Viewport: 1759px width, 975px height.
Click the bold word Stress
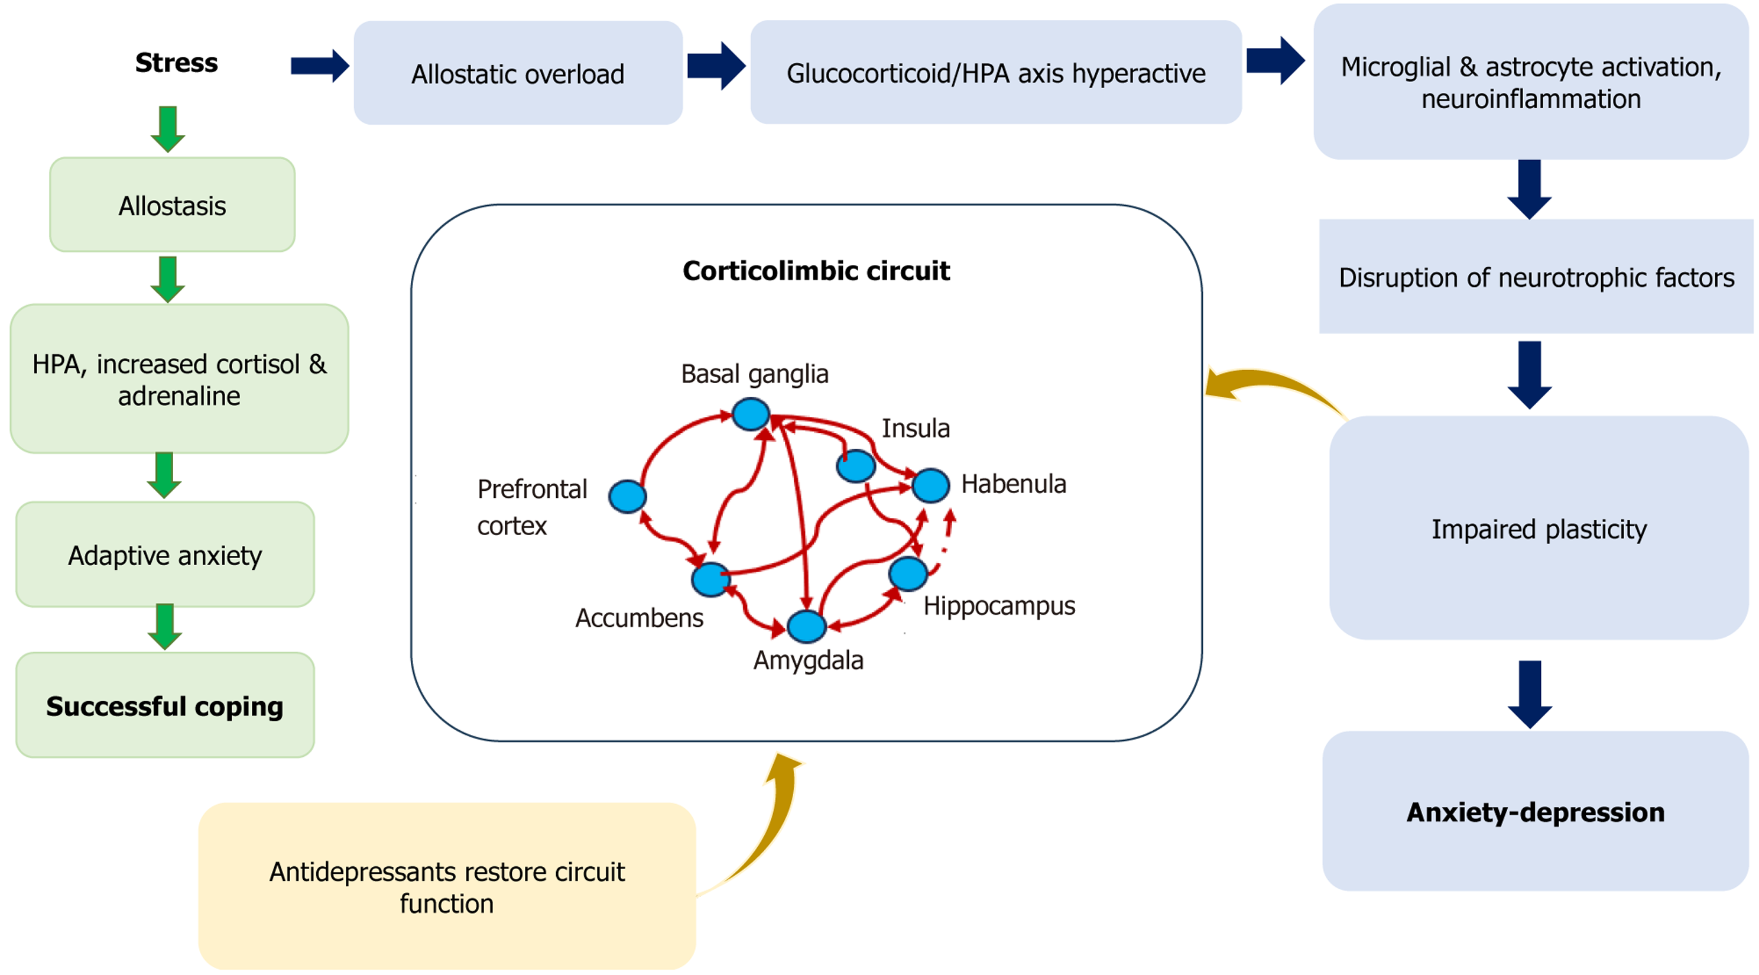[x=176, y=63]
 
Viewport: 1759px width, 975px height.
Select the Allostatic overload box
[x=518, y=73]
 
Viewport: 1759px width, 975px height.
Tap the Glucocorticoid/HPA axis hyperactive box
[x=995, y=72]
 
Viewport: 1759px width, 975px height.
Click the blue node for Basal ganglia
[x=751, y=414]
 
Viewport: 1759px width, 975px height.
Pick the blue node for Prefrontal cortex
[x=627, y=496]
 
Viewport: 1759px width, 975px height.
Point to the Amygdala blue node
[x=806, y=626]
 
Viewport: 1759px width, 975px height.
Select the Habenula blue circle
[x=930, y=485]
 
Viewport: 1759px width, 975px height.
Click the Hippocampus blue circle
[x=907, y=574]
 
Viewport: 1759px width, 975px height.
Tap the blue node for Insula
[x=856, y=467]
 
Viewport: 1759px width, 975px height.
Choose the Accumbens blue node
[x=710, y=579]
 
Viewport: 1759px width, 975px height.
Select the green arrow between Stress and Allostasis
[x=168, y=128]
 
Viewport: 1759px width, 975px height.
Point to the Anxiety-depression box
[x=1535, y=811]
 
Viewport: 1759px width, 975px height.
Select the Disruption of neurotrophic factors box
[x=1536, y=277]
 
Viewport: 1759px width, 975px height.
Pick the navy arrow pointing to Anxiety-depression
[x=1530, y=694]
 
